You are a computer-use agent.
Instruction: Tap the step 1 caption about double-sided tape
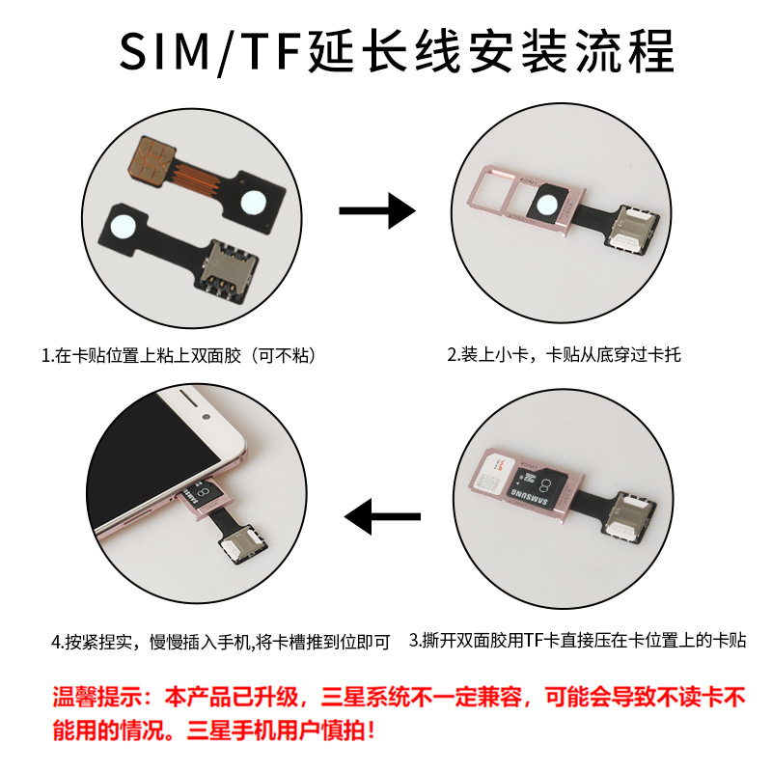179,355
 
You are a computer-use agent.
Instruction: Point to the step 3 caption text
578,641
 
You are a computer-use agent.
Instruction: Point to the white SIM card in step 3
492,472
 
